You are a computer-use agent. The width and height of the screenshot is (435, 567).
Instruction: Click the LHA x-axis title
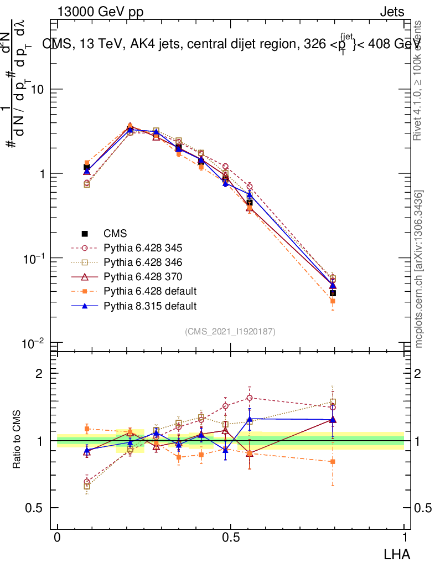pyautogui.click(x=397, y=553)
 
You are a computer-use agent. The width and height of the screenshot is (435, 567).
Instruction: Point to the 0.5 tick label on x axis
pyautogui.click(x=231, y=538)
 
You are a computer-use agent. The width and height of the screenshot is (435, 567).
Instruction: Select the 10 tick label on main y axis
pyautogui.click(x=37, y=89)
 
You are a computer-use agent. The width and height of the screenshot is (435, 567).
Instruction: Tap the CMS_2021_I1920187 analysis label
pyautogui.click(x=230, y=332)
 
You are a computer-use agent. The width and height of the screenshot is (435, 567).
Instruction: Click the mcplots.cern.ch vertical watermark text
pyautogui.click(x=419, y=270)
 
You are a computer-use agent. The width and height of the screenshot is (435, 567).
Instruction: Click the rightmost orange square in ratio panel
pyautogui.click(x=333, y=461)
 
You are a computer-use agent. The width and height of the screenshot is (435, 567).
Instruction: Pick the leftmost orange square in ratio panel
pyautogui.click(x=87, y=429)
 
